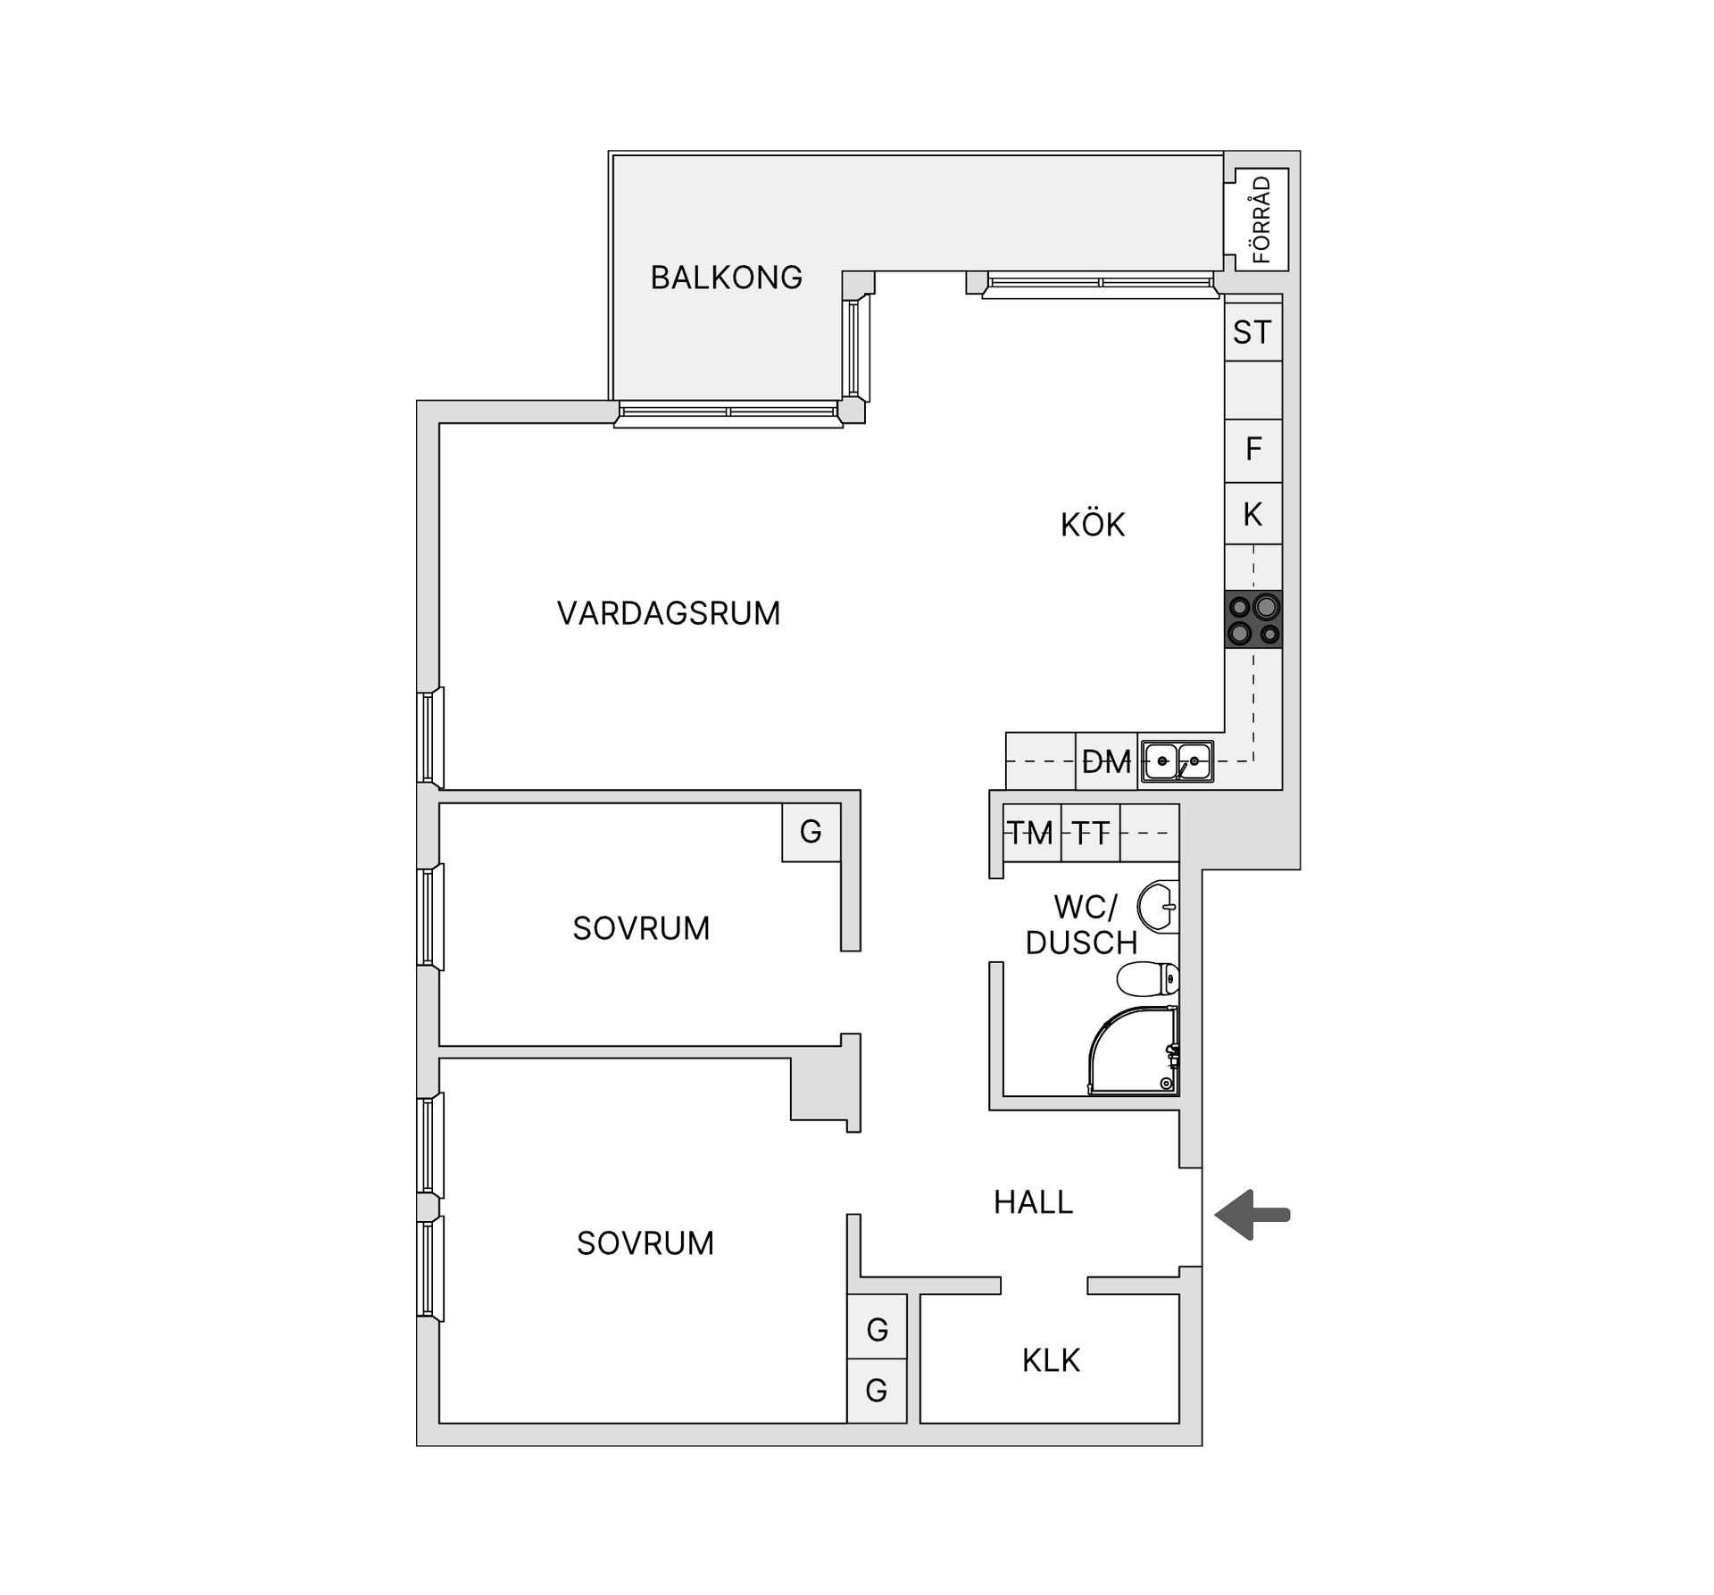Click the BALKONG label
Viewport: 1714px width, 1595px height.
click(x=726, y=278)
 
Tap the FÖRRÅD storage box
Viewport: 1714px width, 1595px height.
click(x=1261, y=219)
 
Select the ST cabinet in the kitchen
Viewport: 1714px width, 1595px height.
click(x=1252, y=333)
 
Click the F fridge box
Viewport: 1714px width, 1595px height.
click(x=1253, y=449)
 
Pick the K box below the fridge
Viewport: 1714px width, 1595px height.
click(x=1252, y=514)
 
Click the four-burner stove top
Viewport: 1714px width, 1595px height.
click(x=1253, y=619)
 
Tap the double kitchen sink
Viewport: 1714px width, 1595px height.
click(x=1177, y=761)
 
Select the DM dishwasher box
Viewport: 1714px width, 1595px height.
click(x=1106, y=761)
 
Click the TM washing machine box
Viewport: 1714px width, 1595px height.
click(x=1031, y=833)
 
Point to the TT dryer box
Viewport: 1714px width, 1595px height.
click(x=1090, y=833)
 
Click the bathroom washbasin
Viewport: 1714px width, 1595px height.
click(x=1160, y=906)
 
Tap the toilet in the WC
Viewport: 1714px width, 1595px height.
click(x=1149, y=978)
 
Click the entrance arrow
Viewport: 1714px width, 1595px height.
click(x=1252, y=1214)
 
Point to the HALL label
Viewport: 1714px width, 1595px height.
click(x=1033, y=1202)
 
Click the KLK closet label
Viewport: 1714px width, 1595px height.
click(x=1051, y=1360)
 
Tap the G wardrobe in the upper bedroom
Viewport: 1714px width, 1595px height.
click(x=811, y=832)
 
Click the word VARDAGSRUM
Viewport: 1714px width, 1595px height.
click(x=669, y=613)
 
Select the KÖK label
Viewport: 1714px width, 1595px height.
click(x=1093, y=525)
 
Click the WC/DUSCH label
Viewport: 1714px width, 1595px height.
click(x=1082, y=925)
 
